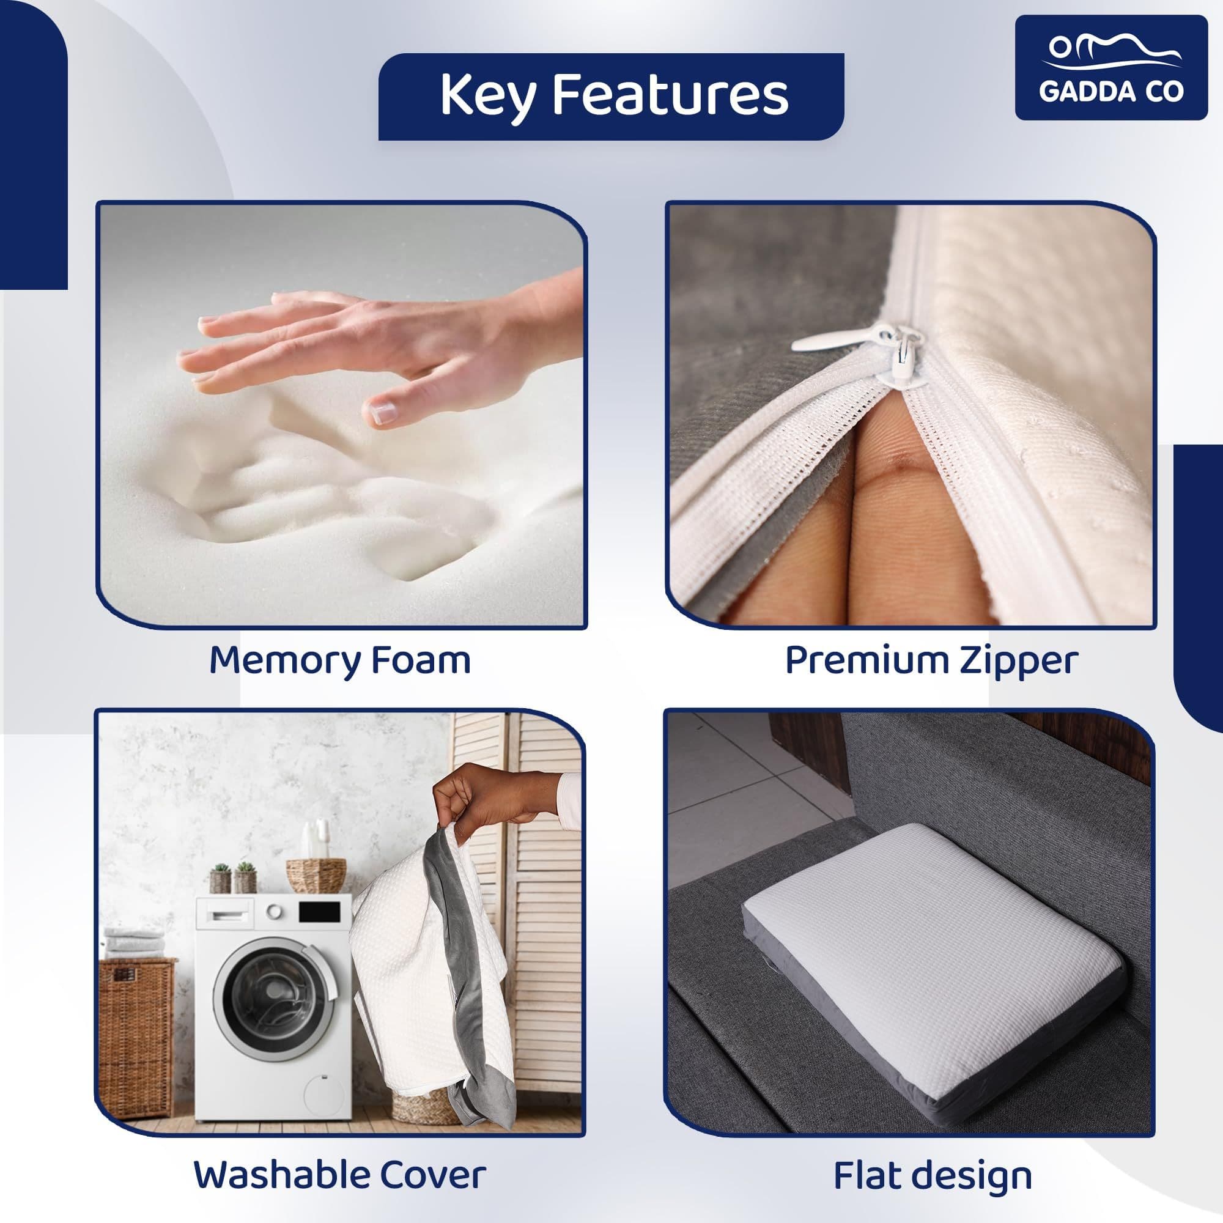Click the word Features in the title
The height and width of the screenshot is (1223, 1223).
pyautogui.click(x=670, y=95)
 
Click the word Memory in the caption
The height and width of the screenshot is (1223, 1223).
pyautogui.click(x=285, y=662)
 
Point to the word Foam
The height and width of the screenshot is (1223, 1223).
pyautogui.click(x=421, y=660)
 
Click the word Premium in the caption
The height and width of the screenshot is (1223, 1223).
pyautogui.click(x=866, y=660)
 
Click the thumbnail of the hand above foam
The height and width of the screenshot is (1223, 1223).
pyautogui.click(x=342, y=415)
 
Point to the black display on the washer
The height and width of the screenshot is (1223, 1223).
pyautogui.click(x=320, y=912)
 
